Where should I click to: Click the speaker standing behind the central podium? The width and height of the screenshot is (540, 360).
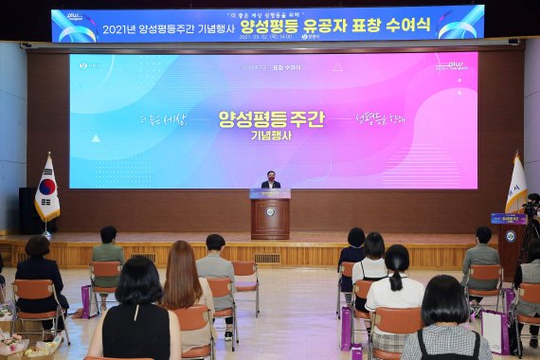(x=270, y=180)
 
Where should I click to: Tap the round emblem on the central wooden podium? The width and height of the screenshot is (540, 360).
(x=270, y=212)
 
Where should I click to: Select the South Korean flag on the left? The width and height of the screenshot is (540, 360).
(x=46, y=189)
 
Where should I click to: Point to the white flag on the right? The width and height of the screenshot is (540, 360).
(x=515, y=186)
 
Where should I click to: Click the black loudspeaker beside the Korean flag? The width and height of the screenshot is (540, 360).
(x=27, y=209)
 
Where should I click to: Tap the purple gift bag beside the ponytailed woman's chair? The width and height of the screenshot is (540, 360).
(x=347, y=327)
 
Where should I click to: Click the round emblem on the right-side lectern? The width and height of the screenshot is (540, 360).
(x=511, y=236)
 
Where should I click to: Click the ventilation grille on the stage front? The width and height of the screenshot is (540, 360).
(x=267, y=258)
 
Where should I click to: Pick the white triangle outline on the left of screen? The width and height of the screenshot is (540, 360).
(x=96, y=138)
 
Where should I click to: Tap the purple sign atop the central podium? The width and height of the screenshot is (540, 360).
(x=270, y=193)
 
